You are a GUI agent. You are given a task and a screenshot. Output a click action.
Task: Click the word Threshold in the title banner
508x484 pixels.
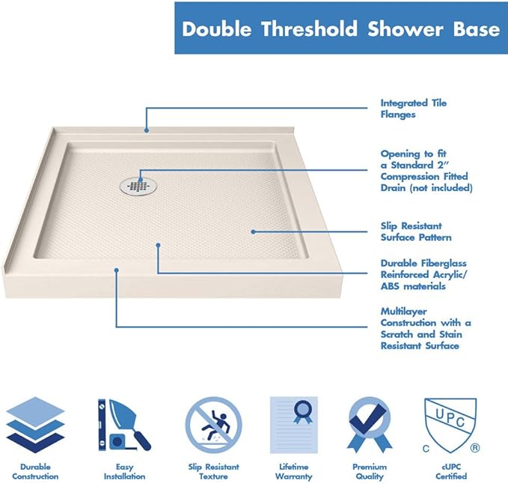314,30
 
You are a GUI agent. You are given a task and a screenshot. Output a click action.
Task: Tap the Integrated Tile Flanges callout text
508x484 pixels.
414,109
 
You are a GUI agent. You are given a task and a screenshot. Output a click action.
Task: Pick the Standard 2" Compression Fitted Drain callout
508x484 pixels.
426,170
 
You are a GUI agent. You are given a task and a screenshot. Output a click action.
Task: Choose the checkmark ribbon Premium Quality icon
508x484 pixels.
370,424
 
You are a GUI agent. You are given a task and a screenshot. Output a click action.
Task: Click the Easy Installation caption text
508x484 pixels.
124,471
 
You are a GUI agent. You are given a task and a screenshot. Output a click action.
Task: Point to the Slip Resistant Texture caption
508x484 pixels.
213,471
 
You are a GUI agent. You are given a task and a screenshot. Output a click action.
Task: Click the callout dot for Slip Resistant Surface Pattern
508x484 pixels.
254,232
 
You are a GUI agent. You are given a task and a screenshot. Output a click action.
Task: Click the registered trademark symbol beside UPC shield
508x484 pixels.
474,449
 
